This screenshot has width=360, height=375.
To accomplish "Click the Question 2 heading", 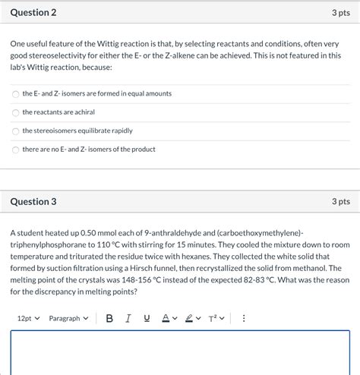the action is (33, 13).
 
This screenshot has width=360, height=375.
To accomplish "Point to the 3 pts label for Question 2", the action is (340, 13).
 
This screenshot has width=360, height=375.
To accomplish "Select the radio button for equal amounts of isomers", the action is (16, 93).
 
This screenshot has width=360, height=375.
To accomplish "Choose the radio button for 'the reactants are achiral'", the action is (16, 112).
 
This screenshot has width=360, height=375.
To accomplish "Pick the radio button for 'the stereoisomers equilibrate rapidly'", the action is (16, 131).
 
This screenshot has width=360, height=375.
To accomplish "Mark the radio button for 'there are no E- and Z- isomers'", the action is (16, 150).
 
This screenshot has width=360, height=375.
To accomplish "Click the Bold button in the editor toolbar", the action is (109, 318).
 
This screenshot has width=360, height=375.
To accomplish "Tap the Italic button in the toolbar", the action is (128, 318).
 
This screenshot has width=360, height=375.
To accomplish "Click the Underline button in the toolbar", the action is (147, 318).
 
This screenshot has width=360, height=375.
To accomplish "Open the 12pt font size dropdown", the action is (28, 318).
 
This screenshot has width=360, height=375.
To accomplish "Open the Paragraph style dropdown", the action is (68, 318).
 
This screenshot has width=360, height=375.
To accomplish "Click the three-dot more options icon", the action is (244, 318).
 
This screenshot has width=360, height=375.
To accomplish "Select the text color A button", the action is (165, 318).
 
